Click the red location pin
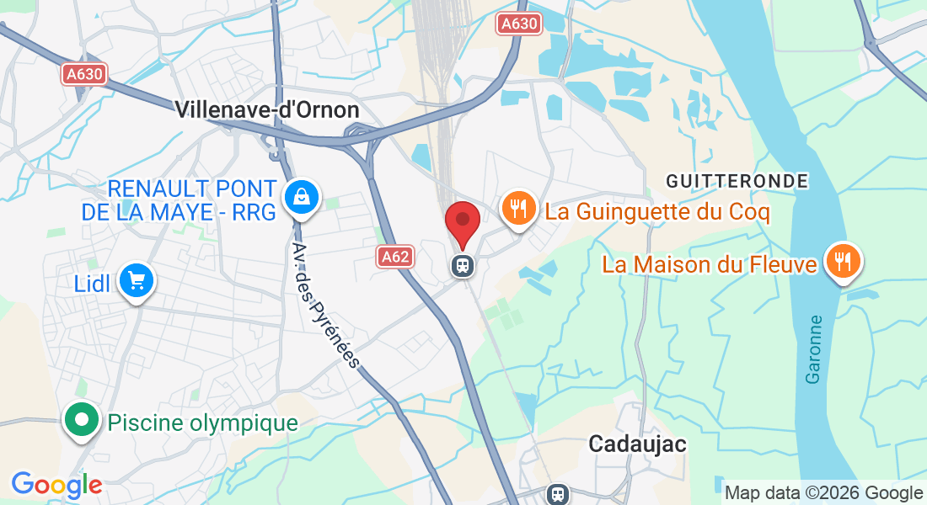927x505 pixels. point(463,222)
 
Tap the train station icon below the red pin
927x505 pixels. point(463,265)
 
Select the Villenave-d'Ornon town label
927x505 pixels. point(267,110)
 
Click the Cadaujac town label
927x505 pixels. point(637,444)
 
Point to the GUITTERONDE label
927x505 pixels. point(737,181)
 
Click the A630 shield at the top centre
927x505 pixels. point(517,24)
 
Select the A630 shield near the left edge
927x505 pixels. point(84,74)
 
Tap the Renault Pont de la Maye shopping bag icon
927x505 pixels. point(299,198)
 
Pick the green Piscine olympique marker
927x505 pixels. point(81,420)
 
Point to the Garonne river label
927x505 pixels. point(814,349)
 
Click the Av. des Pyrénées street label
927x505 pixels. point(325,306)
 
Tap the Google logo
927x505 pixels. point(56,485)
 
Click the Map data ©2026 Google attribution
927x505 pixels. point(824,493)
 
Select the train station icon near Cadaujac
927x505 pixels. point(557,493)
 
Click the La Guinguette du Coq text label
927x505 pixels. point(657,211)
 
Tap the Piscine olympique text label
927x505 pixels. point(202,423)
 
